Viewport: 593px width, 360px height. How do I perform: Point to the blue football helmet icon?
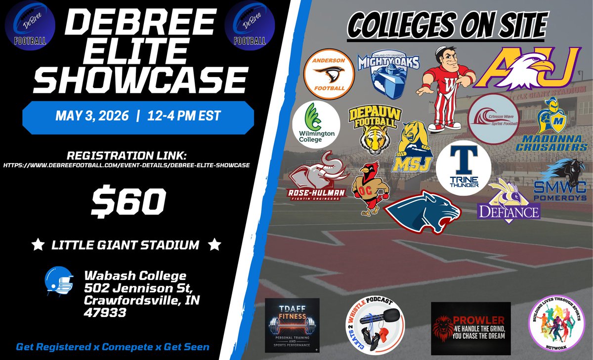(59, 282)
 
